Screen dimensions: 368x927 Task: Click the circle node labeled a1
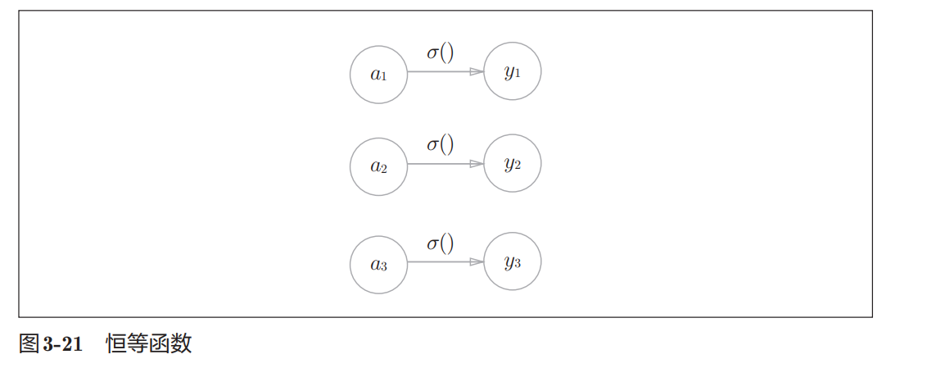tap(378, 75)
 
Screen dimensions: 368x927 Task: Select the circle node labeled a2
tap(378, 166)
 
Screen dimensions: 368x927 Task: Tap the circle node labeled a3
tap(378, 264)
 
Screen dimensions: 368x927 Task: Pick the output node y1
tap(513, 72)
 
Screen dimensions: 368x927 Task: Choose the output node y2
tap(513, 164)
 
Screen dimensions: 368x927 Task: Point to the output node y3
tap(513, 262)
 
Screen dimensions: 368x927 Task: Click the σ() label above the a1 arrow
tap(440, 53)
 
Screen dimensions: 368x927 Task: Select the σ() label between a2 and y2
tap(440, 145)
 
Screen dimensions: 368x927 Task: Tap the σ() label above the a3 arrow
tap(440, 243)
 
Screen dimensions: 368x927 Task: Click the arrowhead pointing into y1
tap(477, 72)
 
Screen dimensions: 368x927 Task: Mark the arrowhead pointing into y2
tap(477, 164)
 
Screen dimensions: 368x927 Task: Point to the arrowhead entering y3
tap(477, 262)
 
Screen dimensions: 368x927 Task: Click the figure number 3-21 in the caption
tap(61, 344)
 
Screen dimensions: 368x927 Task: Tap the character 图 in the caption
tap(29, 344)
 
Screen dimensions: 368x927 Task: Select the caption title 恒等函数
tap(149, 344)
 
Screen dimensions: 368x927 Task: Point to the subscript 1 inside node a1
tap(383, 78)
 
